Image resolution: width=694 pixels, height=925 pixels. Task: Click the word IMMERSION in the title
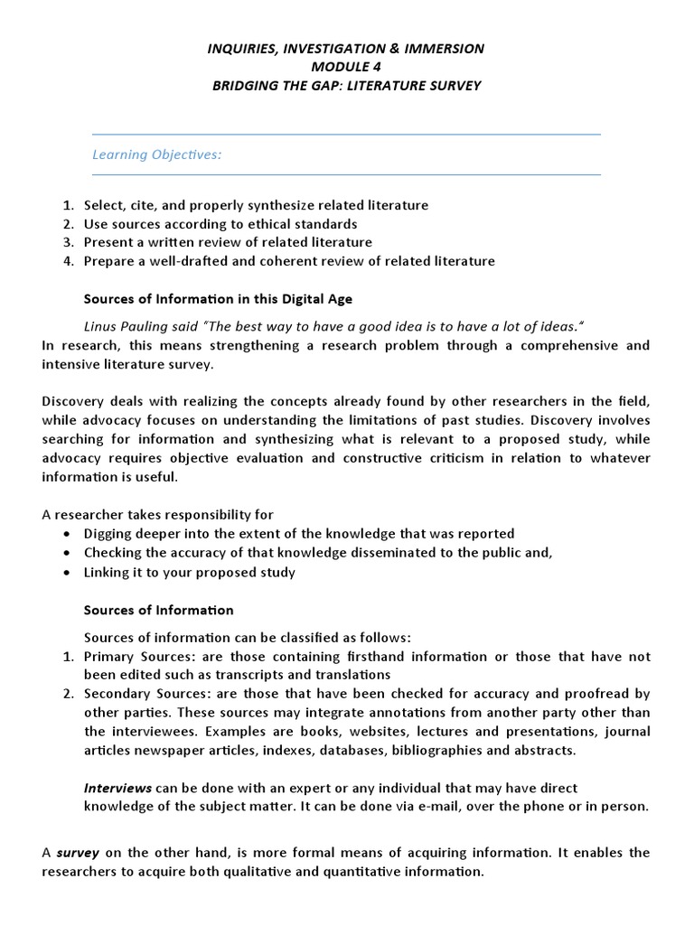point(444,49)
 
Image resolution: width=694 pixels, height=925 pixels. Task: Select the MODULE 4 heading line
point(346,67)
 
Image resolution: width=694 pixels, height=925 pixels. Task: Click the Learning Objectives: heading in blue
point(157,154)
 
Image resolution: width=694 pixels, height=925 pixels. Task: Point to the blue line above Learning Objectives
point(346,135)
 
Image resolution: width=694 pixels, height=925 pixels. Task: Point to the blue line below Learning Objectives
point(346,175)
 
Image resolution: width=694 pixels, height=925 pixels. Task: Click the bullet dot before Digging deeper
point(69,534)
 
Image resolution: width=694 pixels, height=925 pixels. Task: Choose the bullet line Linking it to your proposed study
point(190,572)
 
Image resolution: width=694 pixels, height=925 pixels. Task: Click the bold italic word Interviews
point(118,788)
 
